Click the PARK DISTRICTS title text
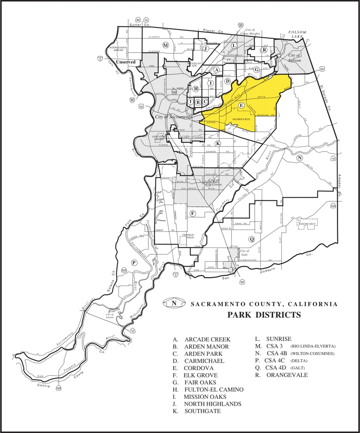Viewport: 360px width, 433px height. point(264,315)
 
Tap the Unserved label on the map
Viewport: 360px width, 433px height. point(126,61)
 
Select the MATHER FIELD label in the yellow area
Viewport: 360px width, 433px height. point(241,119)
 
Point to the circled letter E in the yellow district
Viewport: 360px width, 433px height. point(241,105)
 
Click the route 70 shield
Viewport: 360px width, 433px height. point(146,20)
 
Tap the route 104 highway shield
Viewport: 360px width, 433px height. point(333,206)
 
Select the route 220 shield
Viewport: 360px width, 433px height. point(124,270)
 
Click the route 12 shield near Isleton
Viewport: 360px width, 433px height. point(132,331)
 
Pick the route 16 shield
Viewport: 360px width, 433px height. point(333,159)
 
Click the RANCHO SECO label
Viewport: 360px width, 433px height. point(307,223)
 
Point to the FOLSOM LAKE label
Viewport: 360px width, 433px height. point(297,34)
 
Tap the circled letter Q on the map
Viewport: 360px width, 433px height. point(252,239)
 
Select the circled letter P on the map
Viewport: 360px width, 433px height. point(134,263)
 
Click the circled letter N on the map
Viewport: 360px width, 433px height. point(300,158)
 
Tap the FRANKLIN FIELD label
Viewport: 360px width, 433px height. point(188,236)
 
